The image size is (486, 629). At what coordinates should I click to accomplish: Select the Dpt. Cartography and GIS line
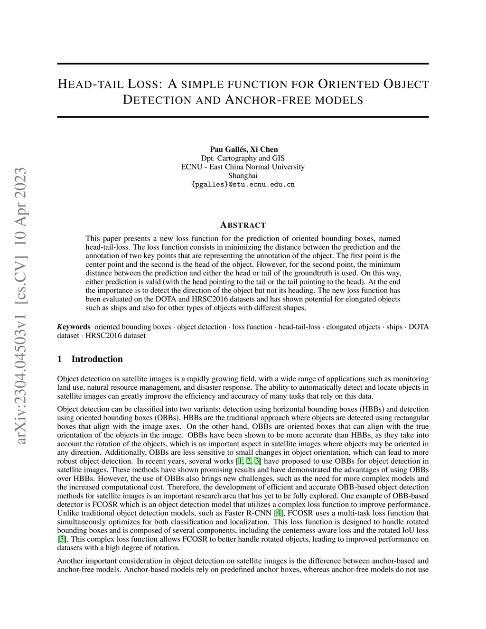point(243,158)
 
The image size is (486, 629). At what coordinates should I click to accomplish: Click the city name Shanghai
point(243,176)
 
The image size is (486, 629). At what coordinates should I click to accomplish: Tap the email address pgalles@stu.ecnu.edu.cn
point(243,184)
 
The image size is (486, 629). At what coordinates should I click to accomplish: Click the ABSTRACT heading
point(243,225)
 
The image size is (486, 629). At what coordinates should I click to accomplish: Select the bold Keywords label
point(74,327)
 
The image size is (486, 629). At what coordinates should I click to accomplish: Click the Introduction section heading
point(97,359)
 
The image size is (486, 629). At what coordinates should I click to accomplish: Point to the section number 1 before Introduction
point(60,359)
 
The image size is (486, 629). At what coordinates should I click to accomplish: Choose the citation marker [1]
point(240,461)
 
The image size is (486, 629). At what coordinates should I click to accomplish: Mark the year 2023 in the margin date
point(22,184)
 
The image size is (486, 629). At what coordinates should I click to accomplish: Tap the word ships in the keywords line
point(394,327)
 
